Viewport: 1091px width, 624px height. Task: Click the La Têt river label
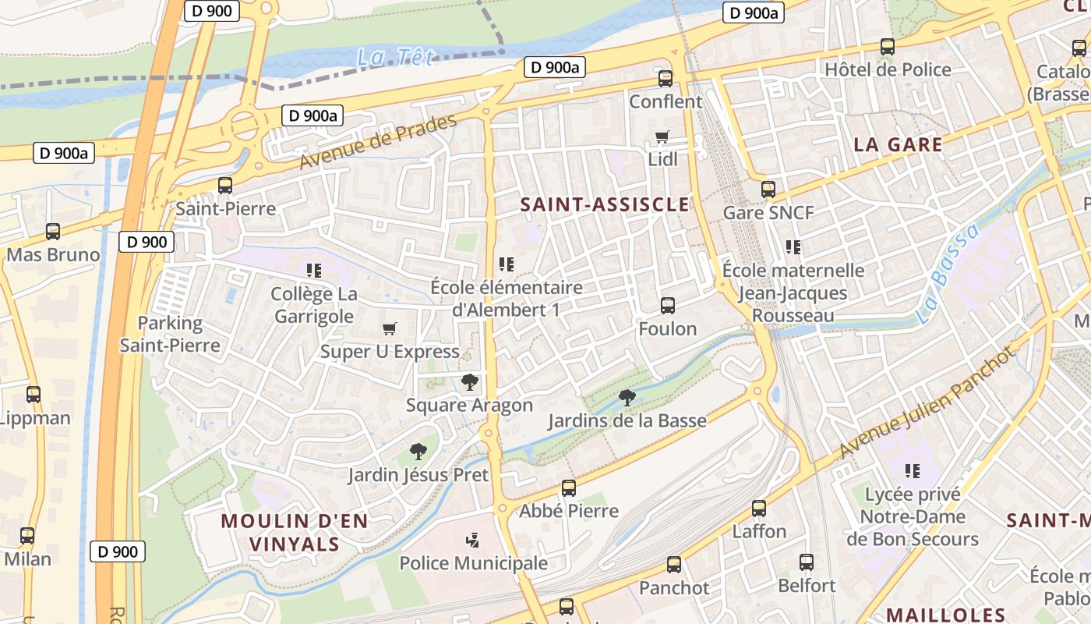[394, 57]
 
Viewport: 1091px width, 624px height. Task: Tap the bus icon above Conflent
[665, 79]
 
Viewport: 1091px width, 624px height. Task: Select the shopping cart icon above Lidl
[662, 137]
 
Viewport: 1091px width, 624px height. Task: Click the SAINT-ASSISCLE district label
[605, 205]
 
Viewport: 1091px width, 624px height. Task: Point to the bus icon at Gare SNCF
[768, 190]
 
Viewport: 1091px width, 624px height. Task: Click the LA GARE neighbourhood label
[898, 144]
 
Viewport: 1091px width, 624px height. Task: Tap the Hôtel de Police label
[888, 69]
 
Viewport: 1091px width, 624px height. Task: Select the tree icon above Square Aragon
[469, 381]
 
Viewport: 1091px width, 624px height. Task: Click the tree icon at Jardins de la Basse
[627, 398]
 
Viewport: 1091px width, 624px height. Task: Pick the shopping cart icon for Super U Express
[390, 328]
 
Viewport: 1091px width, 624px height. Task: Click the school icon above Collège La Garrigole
[314, 271]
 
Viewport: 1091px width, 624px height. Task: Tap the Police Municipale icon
[472, 540]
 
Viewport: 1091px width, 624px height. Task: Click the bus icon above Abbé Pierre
[569, 488]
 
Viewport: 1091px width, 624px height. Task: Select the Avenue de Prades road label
[378, 142]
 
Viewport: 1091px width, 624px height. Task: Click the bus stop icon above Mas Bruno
[53, 232]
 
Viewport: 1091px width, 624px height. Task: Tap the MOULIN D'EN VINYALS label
[294, 533]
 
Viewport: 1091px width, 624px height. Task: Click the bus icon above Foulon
[668, 306]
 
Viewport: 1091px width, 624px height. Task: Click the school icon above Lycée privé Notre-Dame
[913, 470]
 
